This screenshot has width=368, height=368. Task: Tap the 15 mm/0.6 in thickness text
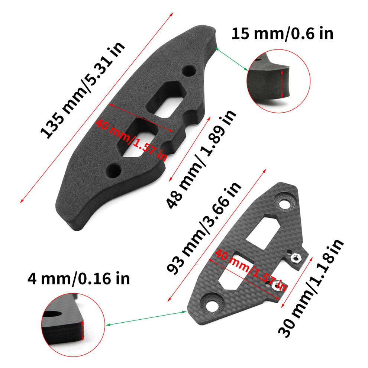click(283, 33)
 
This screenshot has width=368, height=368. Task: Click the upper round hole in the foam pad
click(189, 71)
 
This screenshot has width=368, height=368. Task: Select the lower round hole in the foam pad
click(114, 171)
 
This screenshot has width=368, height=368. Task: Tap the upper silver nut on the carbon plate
click(296, 257)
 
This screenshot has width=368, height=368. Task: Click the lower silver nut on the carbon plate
click(275, 285)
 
